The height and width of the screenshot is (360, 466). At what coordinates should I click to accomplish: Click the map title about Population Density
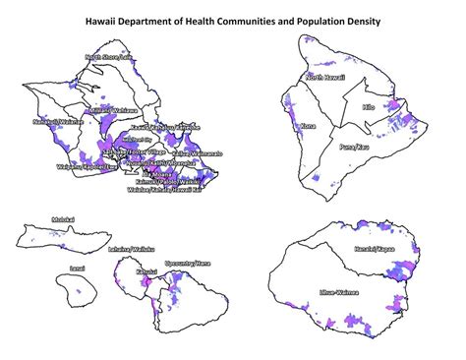coord(233,19)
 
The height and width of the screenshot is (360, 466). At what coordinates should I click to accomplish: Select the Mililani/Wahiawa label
coord(111,111)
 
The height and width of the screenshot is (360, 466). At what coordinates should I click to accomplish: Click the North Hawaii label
coord(327,77)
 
